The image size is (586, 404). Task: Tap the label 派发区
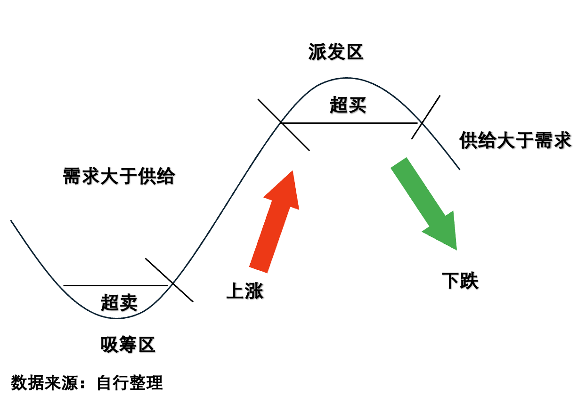[x=336, y=52]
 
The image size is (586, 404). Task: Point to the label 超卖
[x=119, y=302]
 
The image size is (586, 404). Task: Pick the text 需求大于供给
[x=119, y=177]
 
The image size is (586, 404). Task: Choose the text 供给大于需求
[x=515, y=140]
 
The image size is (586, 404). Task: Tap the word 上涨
[x=245, y=291]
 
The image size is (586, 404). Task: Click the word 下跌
[x=460, y=281]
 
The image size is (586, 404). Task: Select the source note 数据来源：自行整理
[x=87, y=382]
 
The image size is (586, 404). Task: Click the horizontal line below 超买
[x=349, y=123]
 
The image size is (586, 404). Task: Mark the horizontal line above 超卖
[x=115, y=285]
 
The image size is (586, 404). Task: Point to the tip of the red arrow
[x=293, y=171]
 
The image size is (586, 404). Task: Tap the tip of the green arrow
[x=456, y=249]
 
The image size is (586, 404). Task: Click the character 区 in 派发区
[x=354, y=52]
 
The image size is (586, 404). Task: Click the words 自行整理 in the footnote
[x=130, y=382]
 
